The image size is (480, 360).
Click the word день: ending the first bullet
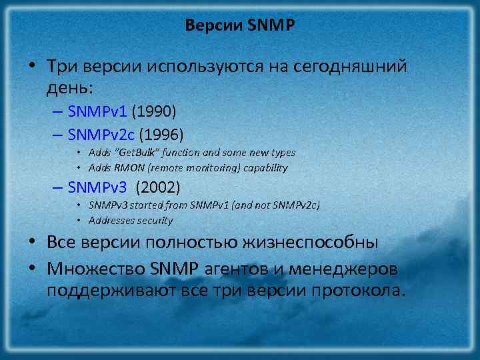71,87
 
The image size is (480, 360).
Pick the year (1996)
161,133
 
